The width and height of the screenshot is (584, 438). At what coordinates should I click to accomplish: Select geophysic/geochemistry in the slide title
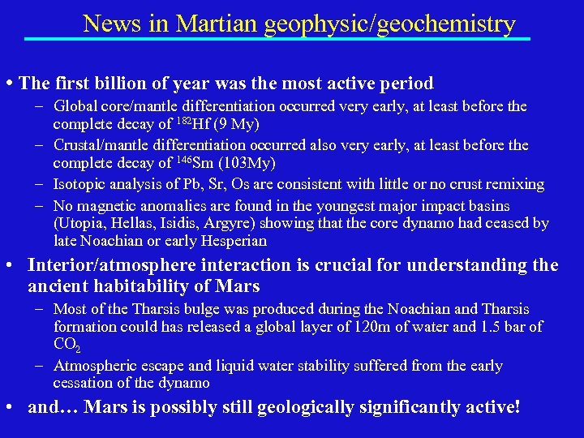(x=389, y=24)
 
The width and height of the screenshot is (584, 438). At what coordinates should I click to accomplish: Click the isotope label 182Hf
(x=193, y=125)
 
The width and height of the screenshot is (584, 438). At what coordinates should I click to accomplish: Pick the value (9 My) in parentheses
(x=234, y=125)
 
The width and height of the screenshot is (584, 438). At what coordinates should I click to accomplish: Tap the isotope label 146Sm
(x=196, y=164)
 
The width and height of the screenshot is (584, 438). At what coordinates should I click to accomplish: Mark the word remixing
(x=516, y=184)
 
